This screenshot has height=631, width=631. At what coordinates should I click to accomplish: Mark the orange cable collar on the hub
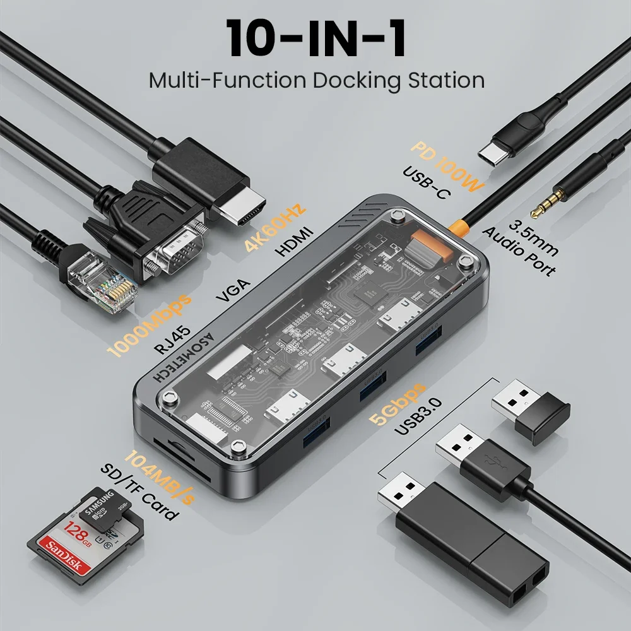(x=459, y=227)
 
